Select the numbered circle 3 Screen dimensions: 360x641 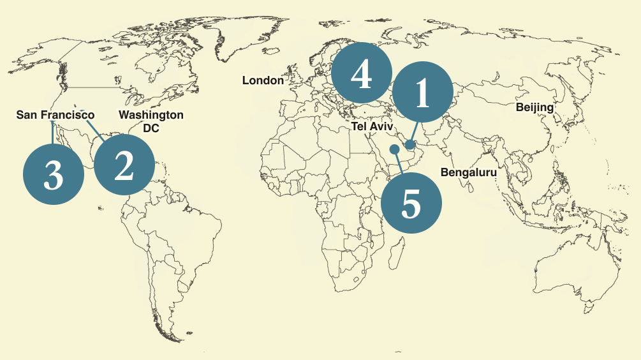click(54, 174)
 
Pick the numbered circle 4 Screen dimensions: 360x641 click(361, 73)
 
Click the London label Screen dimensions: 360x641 click(263, 80)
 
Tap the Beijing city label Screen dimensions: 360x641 click(534, 107)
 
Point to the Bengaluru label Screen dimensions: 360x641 click(469, 172)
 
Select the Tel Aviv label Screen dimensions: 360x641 click(372, 127)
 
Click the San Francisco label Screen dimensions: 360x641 click(55, 115)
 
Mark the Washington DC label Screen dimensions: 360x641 click(151, 121)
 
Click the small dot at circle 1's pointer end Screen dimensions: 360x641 click(410, 146)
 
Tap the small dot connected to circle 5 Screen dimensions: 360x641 click(394, 149)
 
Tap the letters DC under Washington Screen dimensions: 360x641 click(151, 128)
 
